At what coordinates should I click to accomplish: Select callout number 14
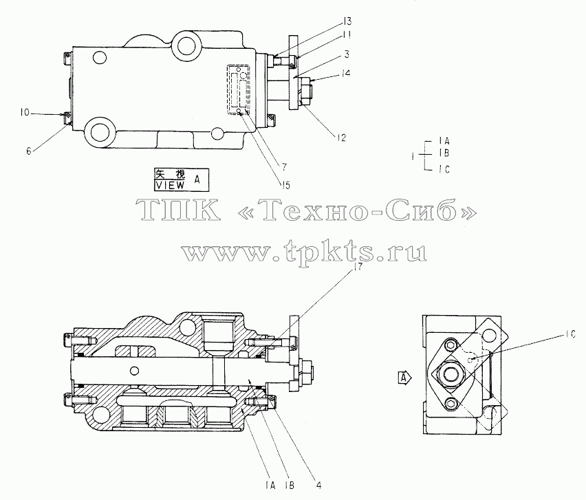tap(346, 73)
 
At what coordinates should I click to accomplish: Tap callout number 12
tap(341, 138)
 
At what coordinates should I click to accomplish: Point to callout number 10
tap(25, 112)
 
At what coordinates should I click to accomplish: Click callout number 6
tap(29, 151)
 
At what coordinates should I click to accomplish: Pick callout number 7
tap(285, 166)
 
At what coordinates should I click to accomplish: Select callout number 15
tap(285, 185)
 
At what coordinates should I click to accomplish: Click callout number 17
tap(358, 266)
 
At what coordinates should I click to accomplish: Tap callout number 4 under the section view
tap(318, 486)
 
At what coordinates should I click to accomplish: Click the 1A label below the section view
tap(270, 486)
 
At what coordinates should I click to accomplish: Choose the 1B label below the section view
tap(290, 486)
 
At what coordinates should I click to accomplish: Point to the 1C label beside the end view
tap(571, 335)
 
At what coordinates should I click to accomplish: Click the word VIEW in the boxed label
tap(170, 185)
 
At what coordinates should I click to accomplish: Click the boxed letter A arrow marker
tap(404, 378)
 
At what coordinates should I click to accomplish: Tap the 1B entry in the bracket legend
tap(444, 153)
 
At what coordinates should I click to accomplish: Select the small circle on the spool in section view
tap(134, 371)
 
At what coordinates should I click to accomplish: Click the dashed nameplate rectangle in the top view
tap(239, 90)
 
